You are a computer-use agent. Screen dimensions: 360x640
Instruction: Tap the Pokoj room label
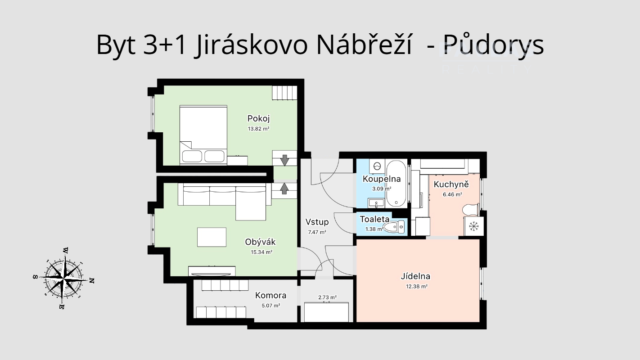(258, 118)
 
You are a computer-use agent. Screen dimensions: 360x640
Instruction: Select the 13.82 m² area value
(258, 129)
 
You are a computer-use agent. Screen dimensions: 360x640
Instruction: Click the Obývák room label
(260, 242)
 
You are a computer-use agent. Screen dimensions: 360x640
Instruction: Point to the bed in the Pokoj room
(203, 134)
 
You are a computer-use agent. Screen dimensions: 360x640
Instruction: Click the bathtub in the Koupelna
(396, 184)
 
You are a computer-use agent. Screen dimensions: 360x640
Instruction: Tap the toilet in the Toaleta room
(394, 227)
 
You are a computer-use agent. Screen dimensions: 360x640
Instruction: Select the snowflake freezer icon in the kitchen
(473, 226)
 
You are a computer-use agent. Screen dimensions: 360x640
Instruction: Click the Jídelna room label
(415, 276)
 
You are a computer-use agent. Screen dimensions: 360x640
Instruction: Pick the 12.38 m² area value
(415, 286)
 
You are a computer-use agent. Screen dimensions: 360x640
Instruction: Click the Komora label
(270, 296)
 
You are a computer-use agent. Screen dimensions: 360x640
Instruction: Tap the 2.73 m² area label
(327, 297)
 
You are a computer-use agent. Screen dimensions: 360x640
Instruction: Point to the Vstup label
(317, 222)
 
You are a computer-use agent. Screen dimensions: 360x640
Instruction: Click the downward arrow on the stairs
(284, 159)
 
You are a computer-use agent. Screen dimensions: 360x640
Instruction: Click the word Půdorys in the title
(494, 45)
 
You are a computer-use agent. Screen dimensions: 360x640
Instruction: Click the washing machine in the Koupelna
(376, 166)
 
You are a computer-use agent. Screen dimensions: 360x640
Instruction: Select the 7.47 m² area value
(317, 232)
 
